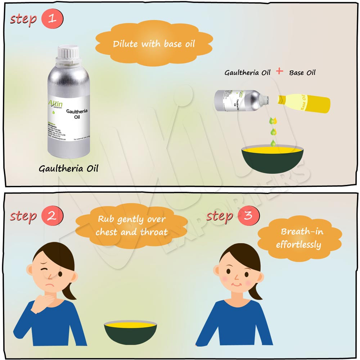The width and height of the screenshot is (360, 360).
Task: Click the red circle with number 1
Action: point(52,19)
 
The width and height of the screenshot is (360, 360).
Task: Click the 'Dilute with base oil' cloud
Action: point(154,44)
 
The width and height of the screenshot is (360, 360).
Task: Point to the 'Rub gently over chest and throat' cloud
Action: point(131,226)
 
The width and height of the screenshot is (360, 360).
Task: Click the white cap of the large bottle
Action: point(68,52)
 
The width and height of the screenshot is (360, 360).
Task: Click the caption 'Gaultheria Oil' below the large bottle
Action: point(68,168)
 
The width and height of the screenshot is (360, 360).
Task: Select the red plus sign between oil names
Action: point(280,71)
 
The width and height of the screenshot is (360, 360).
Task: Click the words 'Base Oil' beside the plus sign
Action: point(302,72)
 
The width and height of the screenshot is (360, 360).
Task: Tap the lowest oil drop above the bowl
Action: point(273,143)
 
